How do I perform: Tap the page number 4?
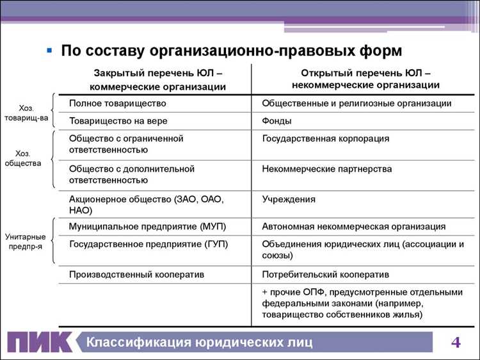click(456, 341)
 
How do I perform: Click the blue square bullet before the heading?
click(49, 50)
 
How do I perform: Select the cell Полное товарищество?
click(118, 103)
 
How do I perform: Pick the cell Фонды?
click(277, 120)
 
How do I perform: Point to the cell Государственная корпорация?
click(326, 138)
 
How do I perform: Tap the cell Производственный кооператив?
click(136, 274)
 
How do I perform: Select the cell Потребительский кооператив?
click(326, 274)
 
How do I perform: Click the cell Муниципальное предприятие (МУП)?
click(147, 227)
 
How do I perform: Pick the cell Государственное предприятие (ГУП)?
click(148, 244)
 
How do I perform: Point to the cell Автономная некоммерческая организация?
click(354, 227)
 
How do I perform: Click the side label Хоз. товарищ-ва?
click(26, 113)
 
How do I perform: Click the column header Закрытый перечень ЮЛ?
click(157, 79)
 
